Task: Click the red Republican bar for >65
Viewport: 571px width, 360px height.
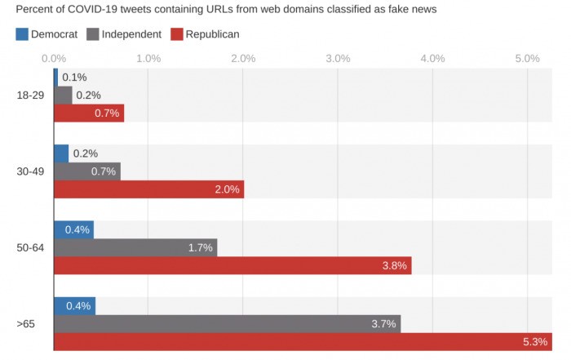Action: pyautogui.click(x=302, y=341)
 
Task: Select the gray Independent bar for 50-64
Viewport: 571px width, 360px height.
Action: pyautogui.click(x=135, y=247)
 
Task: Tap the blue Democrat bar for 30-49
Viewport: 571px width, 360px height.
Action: pyautogui.click(x=61, y=153)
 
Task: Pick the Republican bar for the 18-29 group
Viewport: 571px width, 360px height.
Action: pyautogui.click(x=89, y=113)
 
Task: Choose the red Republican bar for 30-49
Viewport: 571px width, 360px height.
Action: pyautogui.click(x=148, y=189)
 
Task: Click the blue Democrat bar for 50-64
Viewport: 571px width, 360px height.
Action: pyautogui.click(x=73, y=229)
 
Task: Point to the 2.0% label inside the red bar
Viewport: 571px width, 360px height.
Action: pyautogui.click(x=226, y=189)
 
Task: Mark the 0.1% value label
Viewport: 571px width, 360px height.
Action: pyautogui.click(x=74, y=78)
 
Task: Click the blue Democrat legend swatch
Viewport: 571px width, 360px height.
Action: pyautogui.click(x=23, y=34)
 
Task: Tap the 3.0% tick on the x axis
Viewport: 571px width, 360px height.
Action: pyautogui.click(x=338, y=58)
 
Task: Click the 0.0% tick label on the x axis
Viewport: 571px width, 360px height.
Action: pyautogui.click(x=54, y=58)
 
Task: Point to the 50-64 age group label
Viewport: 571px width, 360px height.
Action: pyautogui.click(x=30, y=247)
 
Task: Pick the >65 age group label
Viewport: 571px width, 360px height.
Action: pyautogui.click(x=25, y=324)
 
